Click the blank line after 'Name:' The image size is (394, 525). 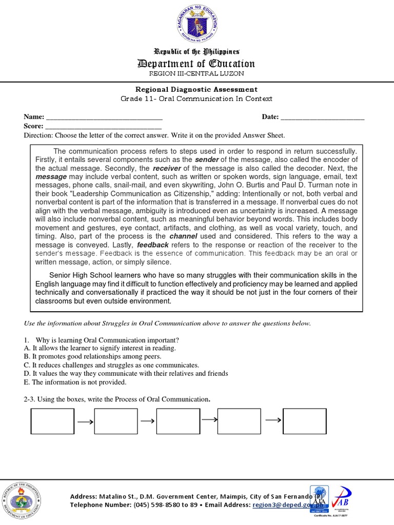[x=104, y=117]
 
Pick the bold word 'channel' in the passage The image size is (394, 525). [x=183, y=236]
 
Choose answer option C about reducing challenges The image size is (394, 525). [x=111, y=365]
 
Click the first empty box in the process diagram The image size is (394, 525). [x=52, y=421]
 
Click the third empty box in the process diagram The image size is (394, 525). [x=178, y=421]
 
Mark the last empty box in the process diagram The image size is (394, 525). [x=304, y=421]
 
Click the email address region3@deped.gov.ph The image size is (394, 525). [x=285, y=505]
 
